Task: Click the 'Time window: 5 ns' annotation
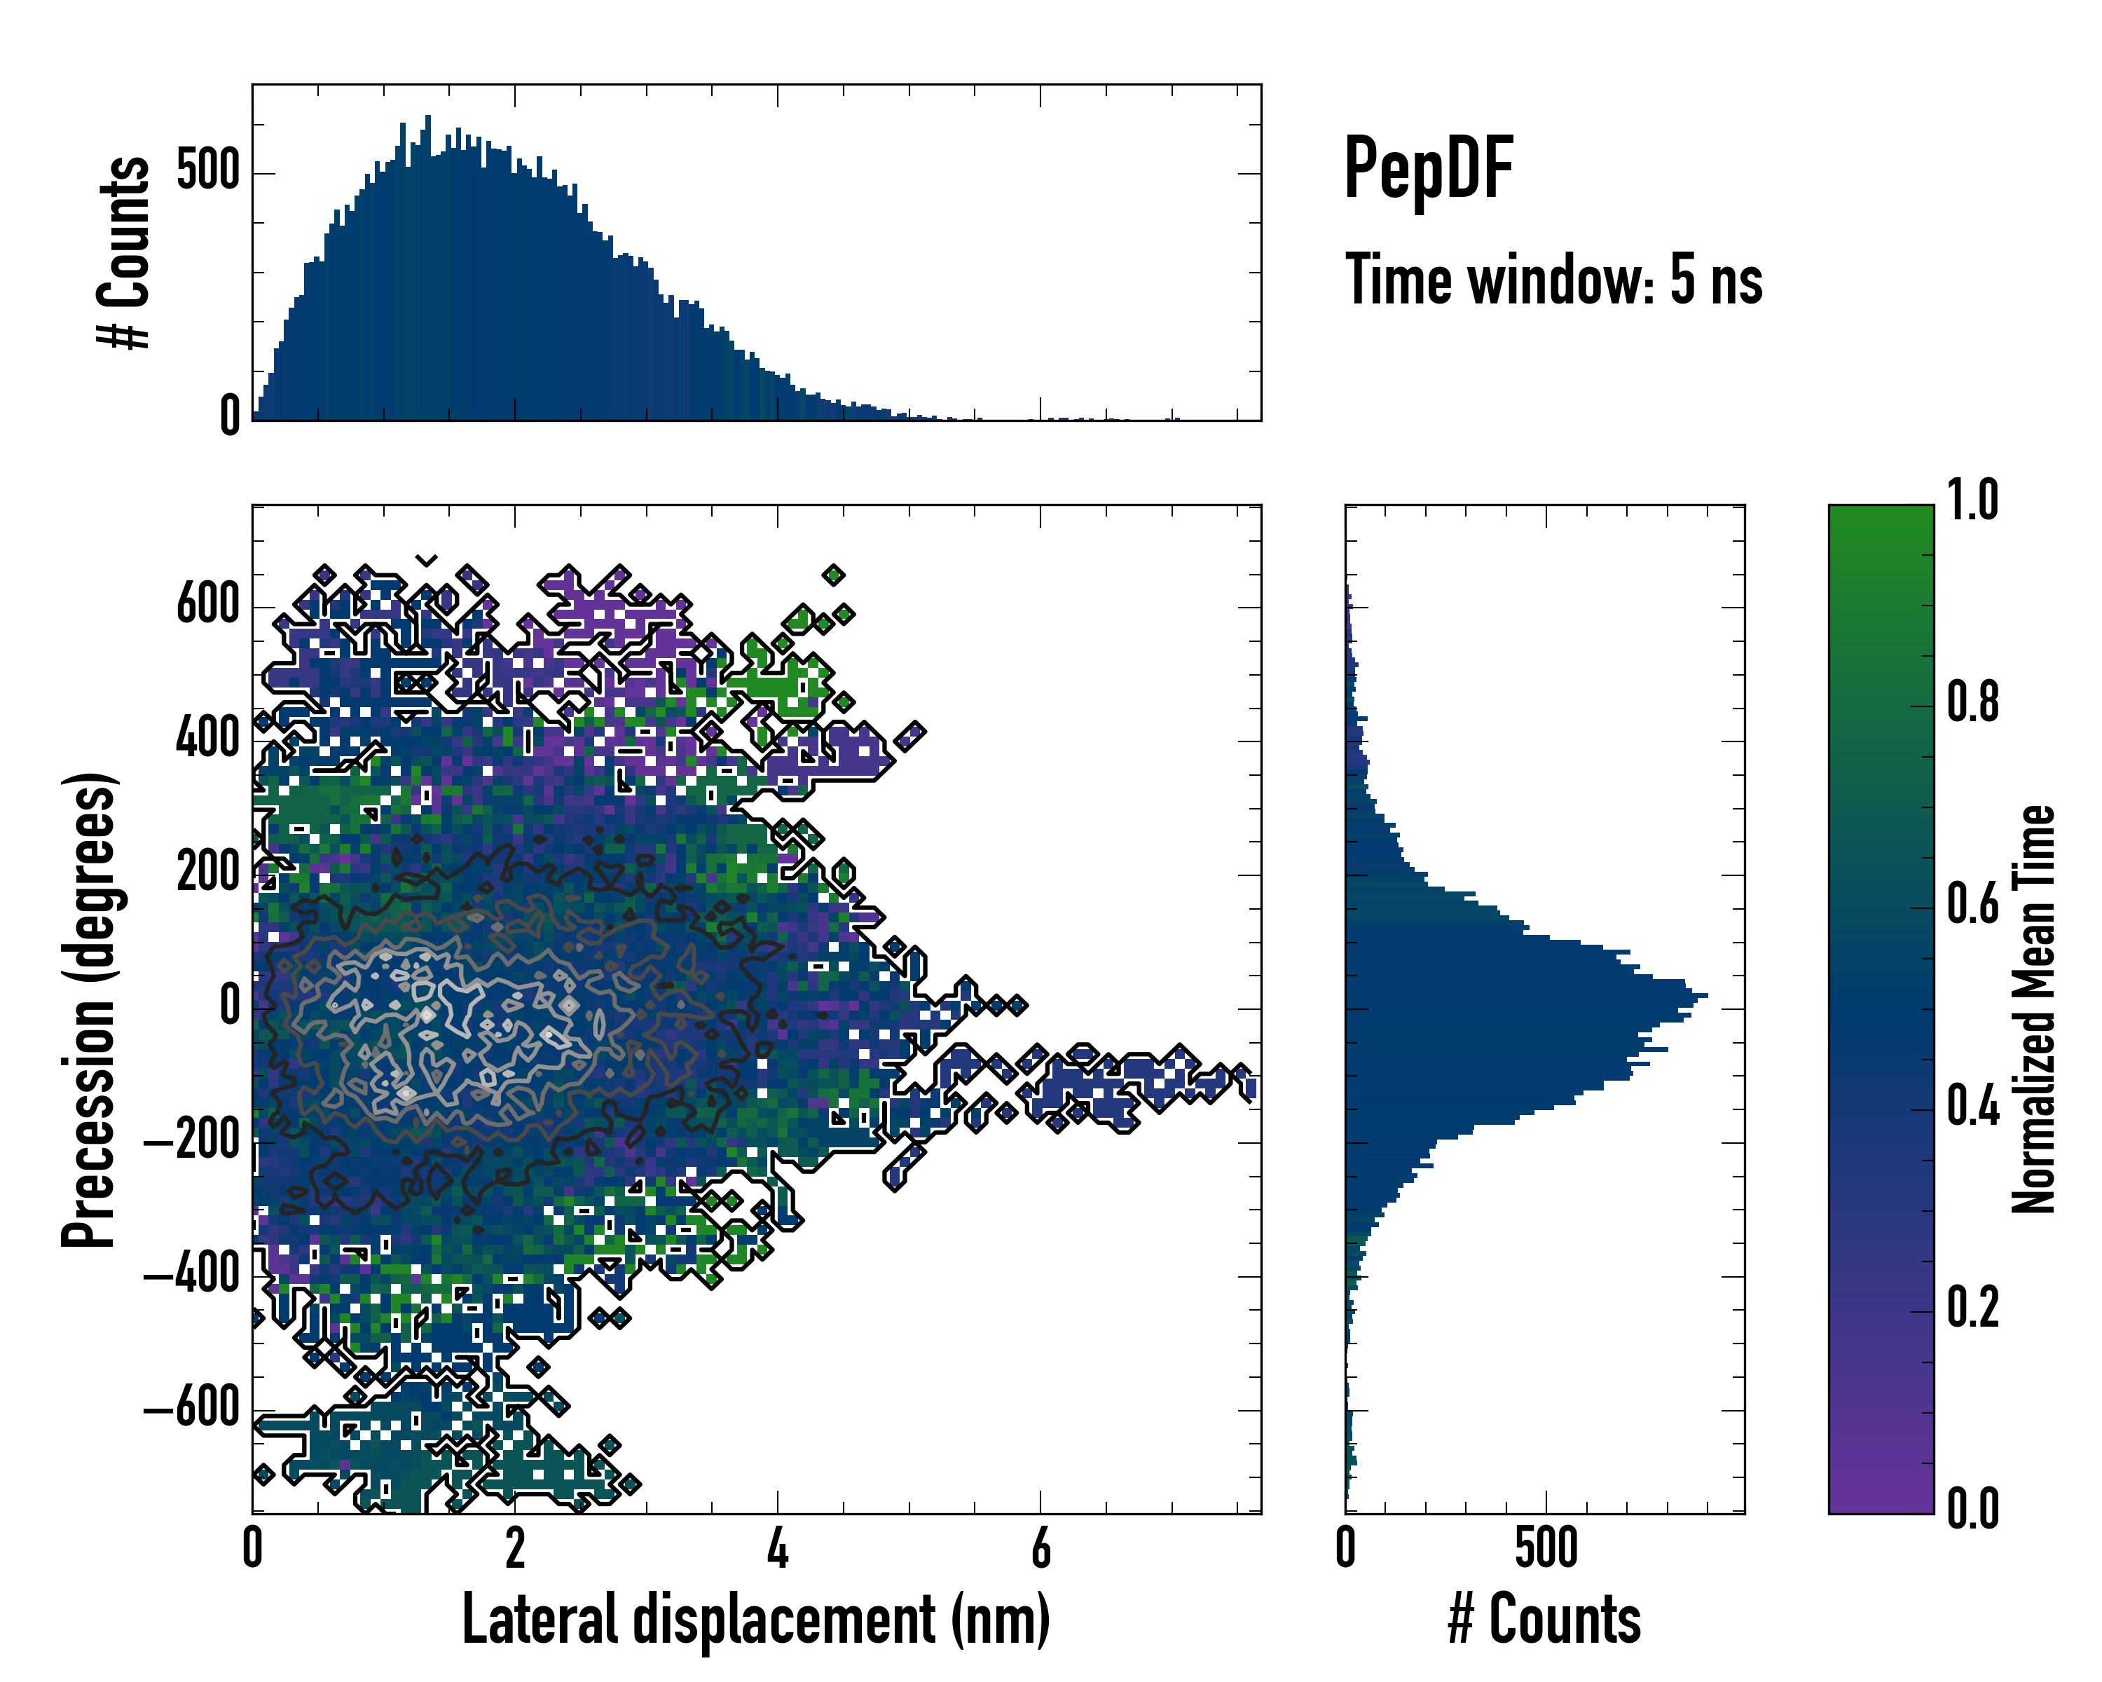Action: pyautogui.click(x=1553, y=280)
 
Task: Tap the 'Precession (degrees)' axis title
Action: pyautogui.click(x=90, y=1009)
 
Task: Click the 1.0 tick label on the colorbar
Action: pyautogui.click(x=1972, y=500)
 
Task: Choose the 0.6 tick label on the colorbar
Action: pyautogui.click(x=1972, y=904)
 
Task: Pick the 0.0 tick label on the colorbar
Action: pyautogui.click(x=1972, y=1508)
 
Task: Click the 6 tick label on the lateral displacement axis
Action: pyautogui.click(x=1040, y=1548)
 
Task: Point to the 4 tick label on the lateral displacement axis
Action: pyautogui.click(x=777, y=1548)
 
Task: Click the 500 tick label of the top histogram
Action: pyautogui.click(x=207, y=172)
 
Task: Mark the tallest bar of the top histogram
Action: pyautogui.click(x=427, y=268)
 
